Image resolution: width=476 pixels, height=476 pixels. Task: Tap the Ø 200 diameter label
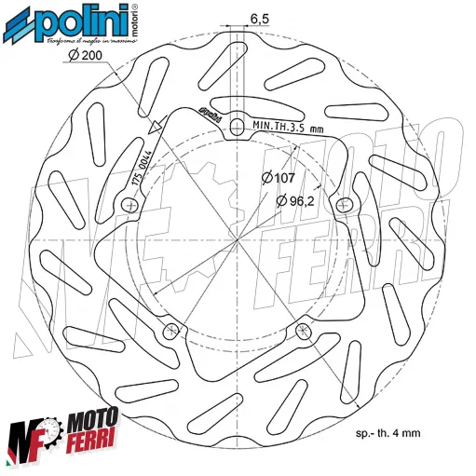(x=85, y=57)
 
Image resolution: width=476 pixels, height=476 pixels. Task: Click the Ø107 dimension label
(x=279, y=176)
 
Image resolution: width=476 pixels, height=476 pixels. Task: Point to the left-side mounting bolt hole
(x=129, y=204)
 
